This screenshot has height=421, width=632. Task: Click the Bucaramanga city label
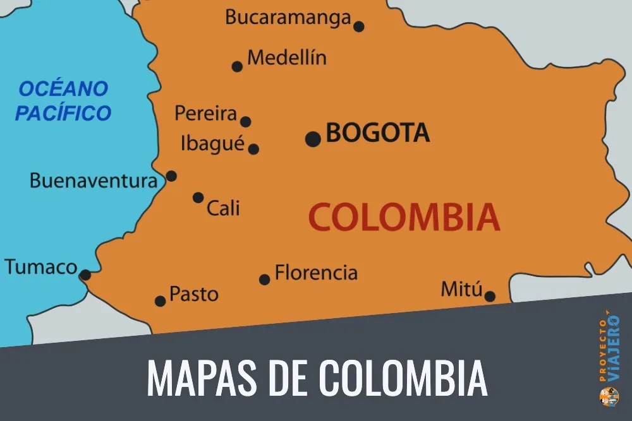pos(288,17)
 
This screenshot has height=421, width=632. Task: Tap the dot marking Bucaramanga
pos(358,27)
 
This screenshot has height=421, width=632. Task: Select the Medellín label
pos(287,58)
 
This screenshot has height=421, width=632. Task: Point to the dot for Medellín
pos(237,66)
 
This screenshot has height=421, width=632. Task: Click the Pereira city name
pos(205,114)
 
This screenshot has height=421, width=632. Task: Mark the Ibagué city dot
pos(253,150)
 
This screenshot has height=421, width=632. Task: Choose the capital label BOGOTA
pos(377,133)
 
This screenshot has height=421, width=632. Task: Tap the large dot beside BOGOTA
pos(312,139)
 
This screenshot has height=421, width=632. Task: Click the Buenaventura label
pos(94,181)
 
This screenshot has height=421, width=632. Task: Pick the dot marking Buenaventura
pos(171,176)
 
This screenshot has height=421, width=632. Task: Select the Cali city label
pos(224,208)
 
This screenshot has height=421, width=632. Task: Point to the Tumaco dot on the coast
pos(85,275)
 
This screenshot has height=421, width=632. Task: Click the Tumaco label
pos(41,267)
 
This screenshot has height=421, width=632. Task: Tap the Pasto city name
pos(194,294)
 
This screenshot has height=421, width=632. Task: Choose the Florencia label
pos(316,273)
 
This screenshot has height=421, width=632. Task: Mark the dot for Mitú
pos(490,296)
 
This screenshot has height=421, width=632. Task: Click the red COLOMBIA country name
pos(404,217)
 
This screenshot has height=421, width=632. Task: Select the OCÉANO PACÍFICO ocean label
pos(63,101)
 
